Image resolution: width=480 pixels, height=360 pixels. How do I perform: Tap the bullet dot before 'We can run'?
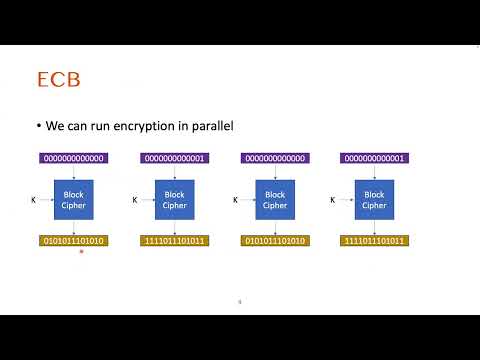(37, 126)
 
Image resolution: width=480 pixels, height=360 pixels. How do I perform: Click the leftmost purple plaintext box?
(73, 158)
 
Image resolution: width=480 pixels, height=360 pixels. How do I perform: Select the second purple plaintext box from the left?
(174, 158)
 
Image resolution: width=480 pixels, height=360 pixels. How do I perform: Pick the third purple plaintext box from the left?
(274, 158)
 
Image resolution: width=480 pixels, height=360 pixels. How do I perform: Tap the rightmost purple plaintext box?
(374, 158)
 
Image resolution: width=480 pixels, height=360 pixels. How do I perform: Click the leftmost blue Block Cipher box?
(73, 200)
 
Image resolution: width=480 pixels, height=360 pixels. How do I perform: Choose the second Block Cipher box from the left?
(174, 200)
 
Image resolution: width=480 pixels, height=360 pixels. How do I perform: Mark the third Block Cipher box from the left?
(274, 200)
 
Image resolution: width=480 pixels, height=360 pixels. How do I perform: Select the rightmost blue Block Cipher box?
(374, 200)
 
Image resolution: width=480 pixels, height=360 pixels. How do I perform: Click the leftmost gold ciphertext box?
(73, 241)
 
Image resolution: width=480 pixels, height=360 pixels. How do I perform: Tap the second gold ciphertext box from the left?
(174, 241)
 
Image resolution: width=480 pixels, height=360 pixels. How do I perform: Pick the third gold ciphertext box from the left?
(274, 241)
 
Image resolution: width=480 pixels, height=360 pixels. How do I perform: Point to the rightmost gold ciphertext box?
(374, 241)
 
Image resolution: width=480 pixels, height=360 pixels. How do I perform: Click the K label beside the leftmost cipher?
(34, 200)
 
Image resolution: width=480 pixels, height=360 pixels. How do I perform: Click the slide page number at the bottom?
(240, 301)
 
